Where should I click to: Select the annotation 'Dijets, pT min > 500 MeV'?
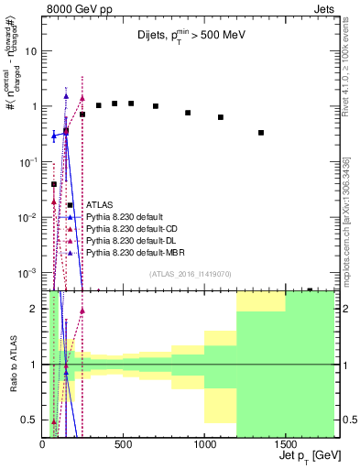tap(187, 38)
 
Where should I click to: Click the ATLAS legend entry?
tap(100, 204)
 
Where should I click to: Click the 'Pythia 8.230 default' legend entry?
tap(121, 216)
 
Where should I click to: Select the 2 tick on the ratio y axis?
tap(32, 309)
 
